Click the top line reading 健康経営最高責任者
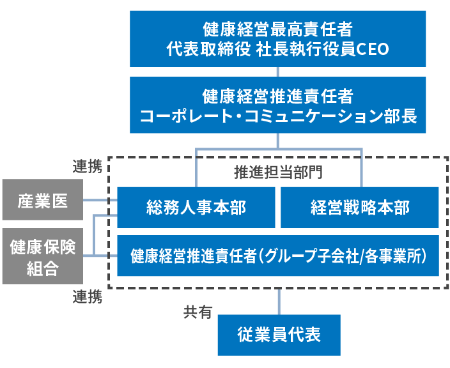point(277,29)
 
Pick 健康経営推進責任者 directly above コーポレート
point(277,96)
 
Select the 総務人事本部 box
point(196,207)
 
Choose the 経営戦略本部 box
point(360,207)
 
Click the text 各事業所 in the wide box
point(392,256)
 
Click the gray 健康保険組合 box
point(42,256)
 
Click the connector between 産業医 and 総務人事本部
point(100,201)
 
